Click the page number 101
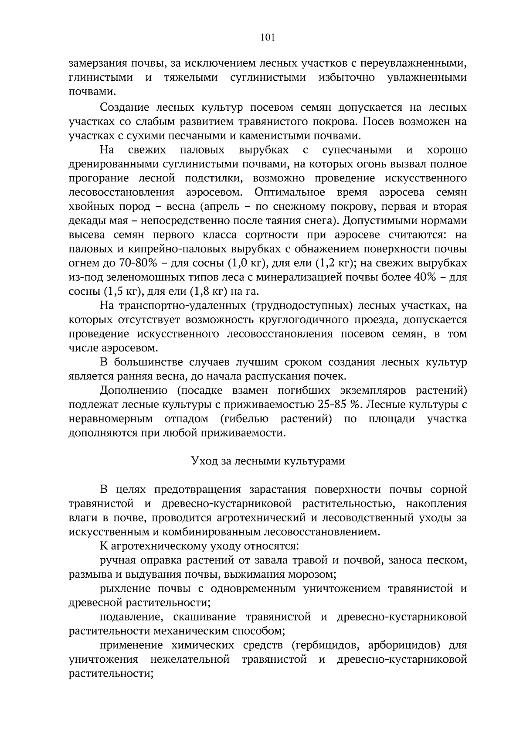click(268, 38)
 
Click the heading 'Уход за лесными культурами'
click(268, 461)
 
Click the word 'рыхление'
click(126, 589)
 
